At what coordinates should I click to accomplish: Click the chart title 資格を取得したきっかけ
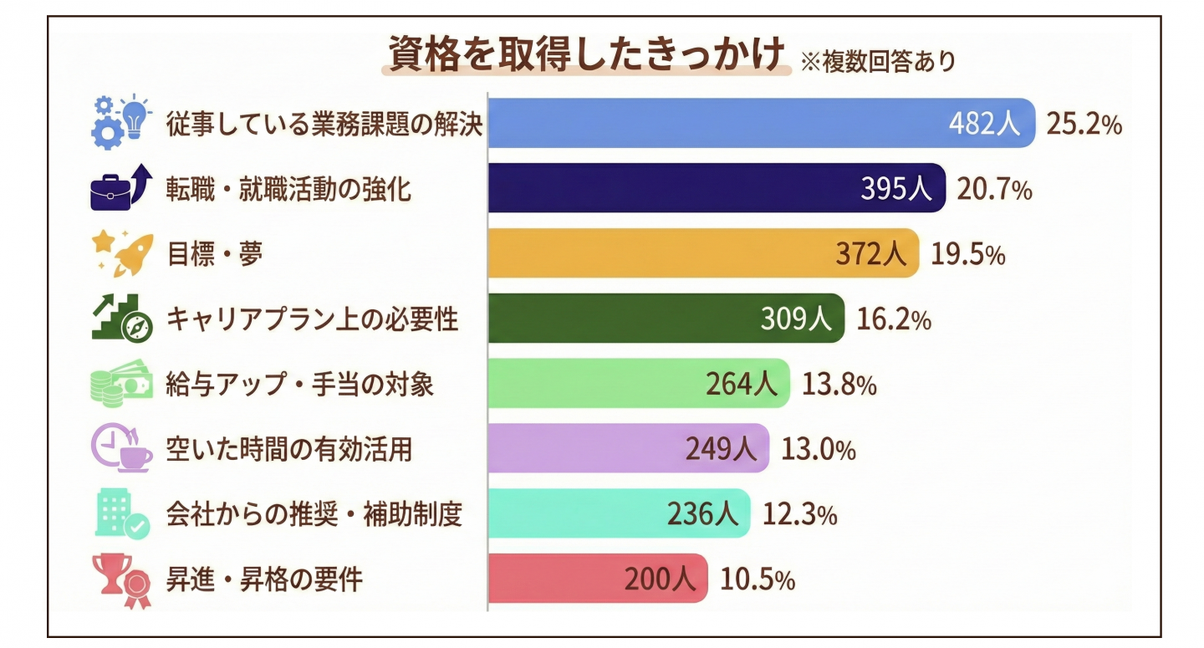pyautogui.click(x=585, y=55)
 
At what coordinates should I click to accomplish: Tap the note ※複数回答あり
pyautogui.click(x=878, y=62)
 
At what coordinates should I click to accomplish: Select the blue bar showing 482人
pyautogui.click(x=711, y=123)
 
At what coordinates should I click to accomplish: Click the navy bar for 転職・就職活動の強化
pyautogui.click(x=669, y=188)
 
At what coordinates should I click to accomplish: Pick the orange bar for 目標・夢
pyautogui.click(x=652, y=253)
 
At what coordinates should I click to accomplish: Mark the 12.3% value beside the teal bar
pyautogui.click(x=799, y=514)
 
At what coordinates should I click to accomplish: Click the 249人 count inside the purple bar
pyautogui.click(x=721, y=449)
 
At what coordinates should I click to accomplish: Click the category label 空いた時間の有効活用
pyautogui.click(x=288, y=449)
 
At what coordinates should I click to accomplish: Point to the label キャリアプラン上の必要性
pyautogui.click(x=312, y=319)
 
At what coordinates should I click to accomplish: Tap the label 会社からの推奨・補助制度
pyautogui.click(x=314, y=514)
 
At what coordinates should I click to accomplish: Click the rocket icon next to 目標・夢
pyautogui.click(x=134, y=254)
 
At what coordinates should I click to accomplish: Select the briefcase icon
pyautogui.click(x=110, y=191)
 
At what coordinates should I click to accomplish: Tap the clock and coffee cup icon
pyautogui.click(x=122, y=448)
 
